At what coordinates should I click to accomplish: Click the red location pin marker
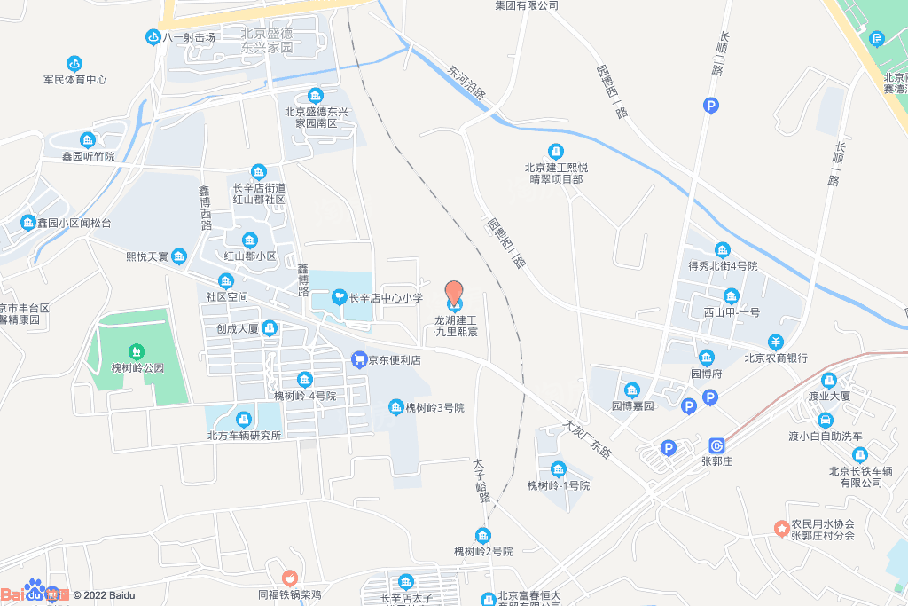point(453,293)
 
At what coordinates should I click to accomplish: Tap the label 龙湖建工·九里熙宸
point(456,326)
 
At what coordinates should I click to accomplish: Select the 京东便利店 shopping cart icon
point(359,359)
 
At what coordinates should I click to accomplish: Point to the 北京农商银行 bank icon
point(775,342)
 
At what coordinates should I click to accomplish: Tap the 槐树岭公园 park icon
point(135,352)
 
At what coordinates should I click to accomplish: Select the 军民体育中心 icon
point(75,63)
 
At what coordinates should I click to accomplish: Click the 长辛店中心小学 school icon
point(338,296)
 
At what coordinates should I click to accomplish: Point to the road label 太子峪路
point(481,481)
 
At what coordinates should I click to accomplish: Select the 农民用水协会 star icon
point(781,529)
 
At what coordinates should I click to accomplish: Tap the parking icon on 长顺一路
point(711,106)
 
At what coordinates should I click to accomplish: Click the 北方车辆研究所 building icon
point(243,419)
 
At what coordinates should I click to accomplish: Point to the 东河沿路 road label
point(467,81)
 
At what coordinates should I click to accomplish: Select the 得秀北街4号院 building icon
point(722,249)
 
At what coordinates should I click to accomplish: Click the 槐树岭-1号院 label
point(559,485)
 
